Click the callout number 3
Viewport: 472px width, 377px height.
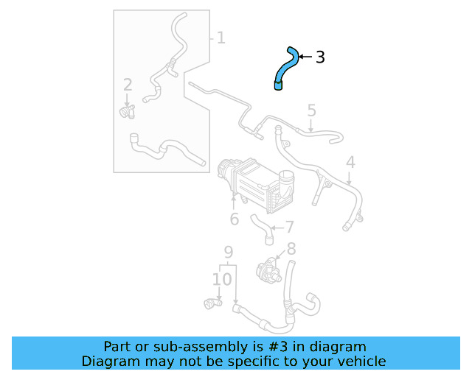pyautogui.click(x=320, y=57)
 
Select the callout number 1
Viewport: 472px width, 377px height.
pyautogui.click(x=221, y=37)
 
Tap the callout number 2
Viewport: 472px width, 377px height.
pyautogui.click(x=128, y=85)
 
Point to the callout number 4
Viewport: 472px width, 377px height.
pyautogui.click(x=350, y=162)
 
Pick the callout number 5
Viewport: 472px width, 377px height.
pyautogui.click(x=311, y=110)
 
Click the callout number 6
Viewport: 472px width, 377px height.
pyautogui.click(x=234, y=219)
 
